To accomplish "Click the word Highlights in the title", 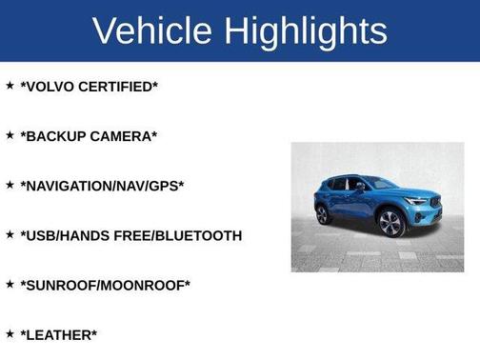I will point(308,30).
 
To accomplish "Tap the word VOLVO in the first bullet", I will point(50,87).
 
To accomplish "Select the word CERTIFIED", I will point(118,87).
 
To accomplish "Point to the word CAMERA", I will point(123,136).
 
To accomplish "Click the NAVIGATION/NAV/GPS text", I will point(102,186).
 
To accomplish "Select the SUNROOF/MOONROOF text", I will point(105,285).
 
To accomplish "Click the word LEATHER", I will point(59,334).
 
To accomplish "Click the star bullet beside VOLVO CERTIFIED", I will point(10,86).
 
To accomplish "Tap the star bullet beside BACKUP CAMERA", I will point(10,135).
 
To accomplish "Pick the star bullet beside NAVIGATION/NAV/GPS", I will point(10,185).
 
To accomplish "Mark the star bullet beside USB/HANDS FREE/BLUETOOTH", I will point(10,234).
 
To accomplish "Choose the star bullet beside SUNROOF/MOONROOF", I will point(10,284).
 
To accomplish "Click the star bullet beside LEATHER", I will point(10,333).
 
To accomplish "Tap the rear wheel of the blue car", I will point(323,215).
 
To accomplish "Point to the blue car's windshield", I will point(380,184).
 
